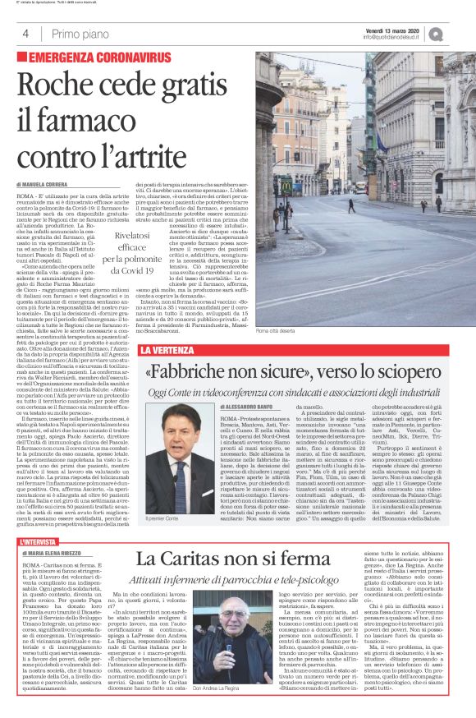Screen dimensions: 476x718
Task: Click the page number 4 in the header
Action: (x=26, y=34)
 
